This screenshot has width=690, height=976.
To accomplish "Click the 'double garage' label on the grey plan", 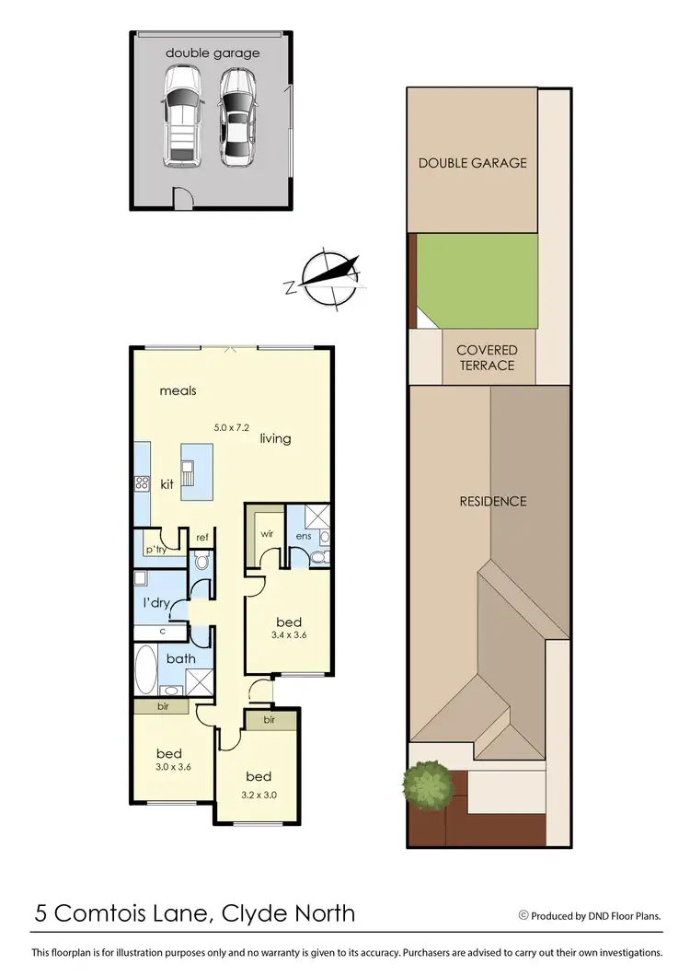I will click(213, 52).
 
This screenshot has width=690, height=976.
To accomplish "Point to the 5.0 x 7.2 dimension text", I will click(232, 427).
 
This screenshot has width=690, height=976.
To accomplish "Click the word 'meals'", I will click(178, 390).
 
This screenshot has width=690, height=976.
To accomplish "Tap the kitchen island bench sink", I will click(189, 475).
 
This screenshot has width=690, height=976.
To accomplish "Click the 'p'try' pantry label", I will click(155, 550).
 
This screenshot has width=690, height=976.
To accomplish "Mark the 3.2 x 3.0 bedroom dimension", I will click(259, 794).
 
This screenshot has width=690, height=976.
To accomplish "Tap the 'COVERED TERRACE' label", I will click(487, 357).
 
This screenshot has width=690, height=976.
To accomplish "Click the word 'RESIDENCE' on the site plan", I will click(493, 501).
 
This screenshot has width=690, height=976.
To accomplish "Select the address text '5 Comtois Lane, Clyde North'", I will click(195, 913).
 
